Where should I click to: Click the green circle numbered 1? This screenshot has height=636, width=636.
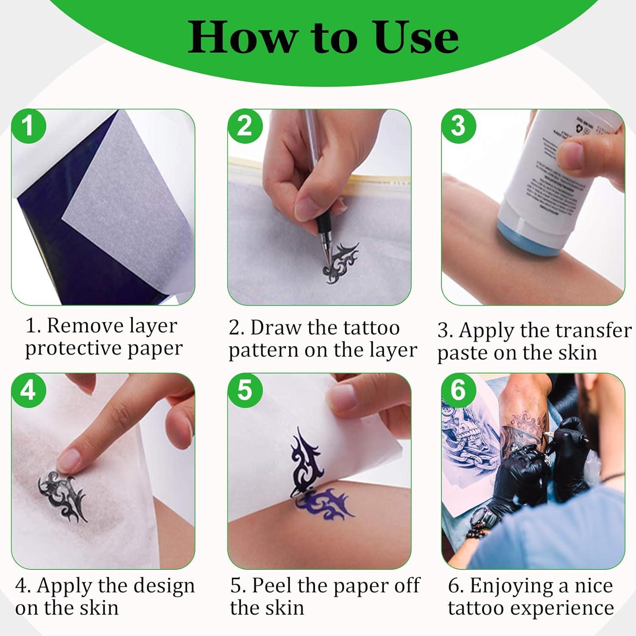(x=28, y=126)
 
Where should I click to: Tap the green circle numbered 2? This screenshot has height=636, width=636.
(x=245, y=126)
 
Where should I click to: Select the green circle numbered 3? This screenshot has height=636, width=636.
(x=458, y=126)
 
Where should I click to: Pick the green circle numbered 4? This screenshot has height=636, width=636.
(x=28, y=390)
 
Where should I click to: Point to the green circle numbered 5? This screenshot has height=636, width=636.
(x=245, y=390)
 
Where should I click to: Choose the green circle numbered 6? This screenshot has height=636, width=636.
(x=458, y=390)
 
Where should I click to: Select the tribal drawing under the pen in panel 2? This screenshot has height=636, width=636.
(x=340, y=263)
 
